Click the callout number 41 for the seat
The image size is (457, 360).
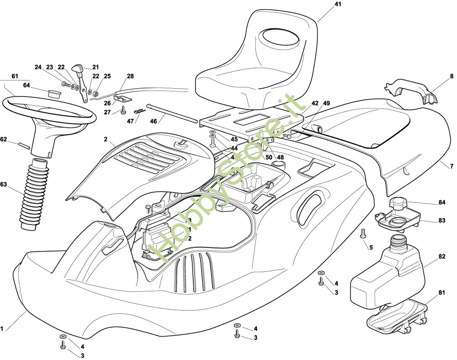point(338,4)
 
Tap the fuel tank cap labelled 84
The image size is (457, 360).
point(401,203)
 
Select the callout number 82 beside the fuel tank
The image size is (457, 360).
point(441,257)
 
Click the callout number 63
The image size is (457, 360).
point(4,185)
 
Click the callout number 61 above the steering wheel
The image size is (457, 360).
point(15,75)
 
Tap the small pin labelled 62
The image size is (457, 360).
point(25,145)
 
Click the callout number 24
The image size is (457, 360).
point(38,67)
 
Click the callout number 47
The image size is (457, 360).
point(131,121)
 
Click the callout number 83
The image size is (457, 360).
point(441,220)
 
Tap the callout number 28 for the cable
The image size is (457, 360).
point(130,76)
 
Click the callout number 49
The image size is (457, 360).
point(326,104)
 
